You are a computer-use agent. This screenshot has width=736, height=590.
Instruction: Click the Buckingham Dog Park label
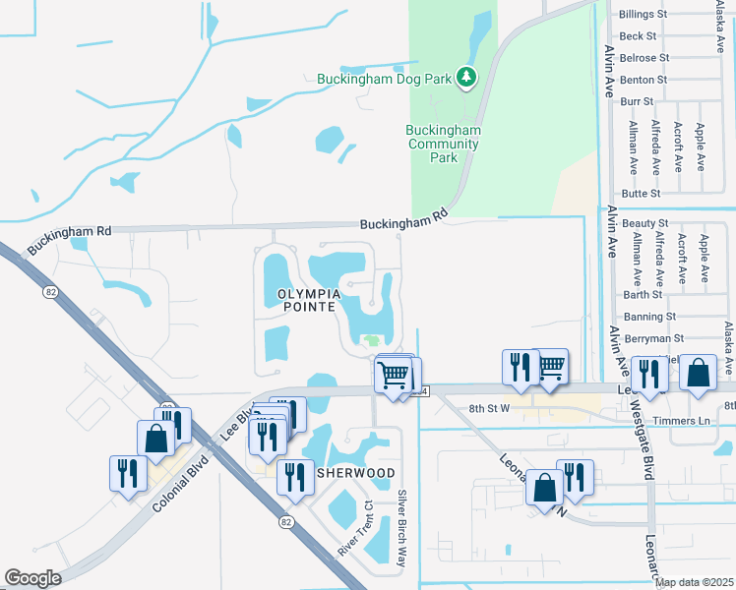tap(385, 78)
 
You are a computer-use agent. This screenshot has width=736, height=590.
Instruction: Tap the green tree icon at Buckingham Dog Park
tap(466, 77)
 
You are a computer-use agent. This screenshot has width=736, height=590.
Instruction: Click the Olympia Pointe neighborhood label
tap(308, 301)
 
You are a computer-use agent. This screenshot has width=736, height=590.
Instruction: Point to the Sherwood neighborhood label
tap(355, 473)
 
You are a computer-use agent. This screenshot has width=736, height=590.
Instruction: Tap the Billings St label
tap(644, 15)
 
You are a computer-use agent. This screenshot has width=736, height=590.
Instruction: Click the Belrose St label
tap(644, 58)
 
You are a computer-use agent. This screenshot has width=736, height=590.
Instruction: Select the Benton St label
tap(644, 80)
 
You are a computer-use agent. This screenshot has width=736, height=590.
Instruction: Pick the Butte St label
tap(642, 195)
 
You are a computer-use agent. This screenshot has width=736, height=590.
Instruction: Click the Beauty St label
tap(644, 224)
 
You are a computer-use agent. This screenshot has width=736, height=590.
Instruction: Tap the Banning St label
tap(648, 317)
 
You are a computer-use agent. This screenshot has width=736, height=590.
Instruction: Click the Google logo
tap(33, 578)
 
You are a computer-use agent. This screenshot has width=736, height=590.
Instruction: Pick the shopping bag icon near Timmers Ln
tap(698, 374)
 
